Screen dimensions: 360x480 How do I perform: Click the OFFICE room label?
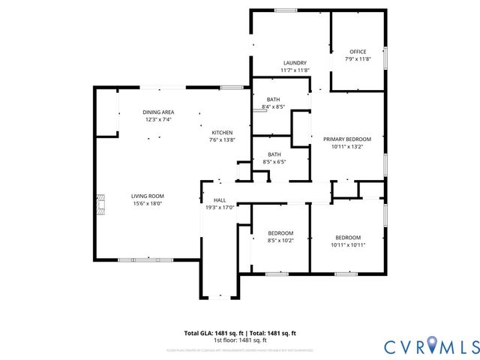358,52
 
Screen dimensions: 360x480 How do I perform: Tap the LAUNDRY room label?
295,63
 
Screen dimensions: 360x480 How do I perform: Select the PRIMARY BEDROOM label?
347,139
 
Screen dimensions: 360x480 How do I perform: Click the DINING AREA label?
158,112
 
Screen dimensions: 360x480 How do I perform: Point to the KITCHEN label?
221,133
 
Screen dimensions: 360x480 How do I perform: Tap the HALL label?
220,200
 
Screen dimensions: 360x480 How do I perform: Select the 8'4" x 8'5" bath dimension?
273,107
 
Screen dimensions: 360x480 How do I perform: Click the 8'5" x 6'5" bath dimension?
274,161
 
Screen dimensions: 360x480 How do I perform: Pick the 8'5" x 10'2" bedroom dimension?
280,241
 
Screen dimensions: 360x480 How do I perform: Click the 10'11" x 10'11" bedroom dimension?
348,244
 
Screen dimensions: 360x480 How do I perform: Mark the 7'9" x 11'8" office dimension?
358,59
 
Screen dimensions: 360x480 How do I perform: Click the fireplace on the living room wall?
99,202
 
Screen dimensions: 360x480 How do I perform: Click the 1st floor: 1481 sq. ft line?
240,340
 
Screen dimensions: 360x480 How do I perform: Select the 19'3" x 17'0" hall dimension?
220,208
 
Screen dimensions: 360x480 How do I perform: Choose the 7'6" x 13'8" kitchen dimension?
221,140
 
